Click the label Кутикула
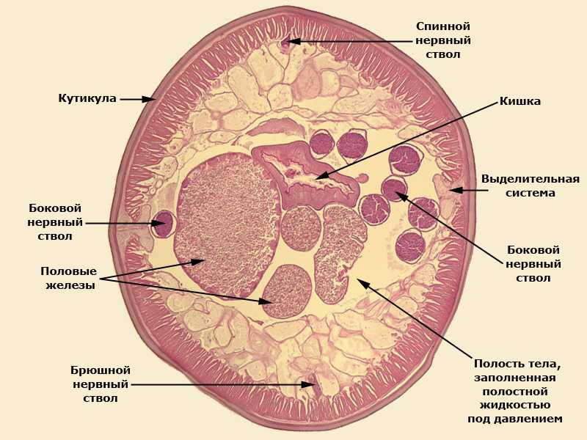point(87,98)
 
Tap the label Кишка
point(520,101)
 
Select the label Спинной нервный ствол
point(443,40)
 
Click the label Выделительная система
point(531,186)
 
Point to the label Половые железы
point(68,278)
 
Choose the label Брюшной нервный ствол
point(101,384)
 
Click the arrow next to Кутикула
point(138,98)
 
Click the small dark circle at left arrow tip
point(163,223)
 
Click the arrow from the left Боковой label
point(121,223)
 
